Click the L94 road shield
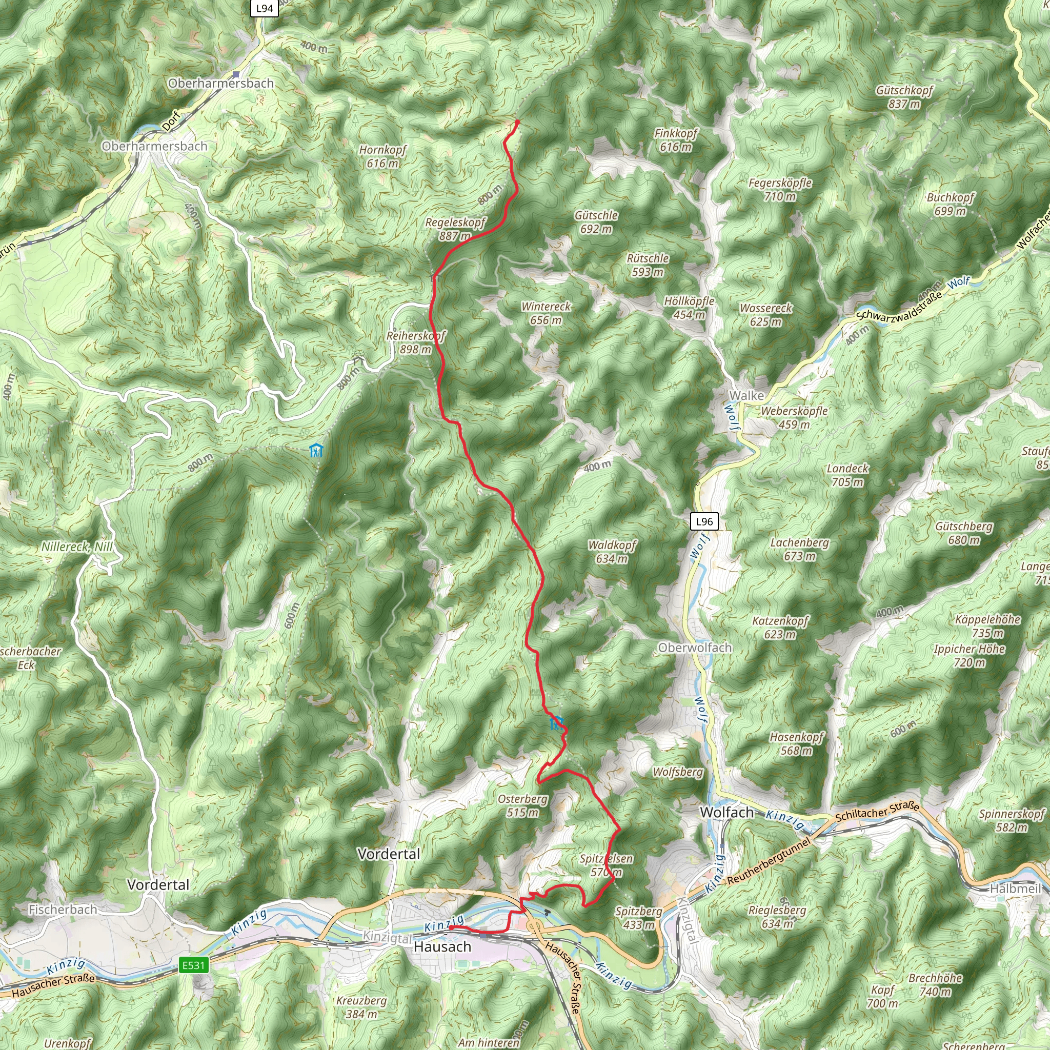click(x=264, y=8)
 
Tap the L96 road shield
click(x=704, y=522)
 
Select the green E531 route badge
click(x=193, y=965)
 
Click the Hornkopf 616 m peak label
click(x=382, y=156)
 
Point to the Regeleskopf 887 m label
click(x=455, y=229)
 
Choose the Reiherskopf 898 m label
click(x=416, y=342)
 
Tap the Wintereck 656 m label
click(x=546, y=313)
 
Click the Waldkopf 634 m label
click(x=612, y=552)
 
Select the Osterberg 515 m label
click(x=523, y=805)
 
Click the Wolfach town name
click(x=726, y=813)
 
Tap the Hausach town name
click(x=442, y=947)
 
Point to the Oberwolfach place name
click(x=695, y=648)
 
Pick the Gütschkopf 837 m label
click(x=904, y=97)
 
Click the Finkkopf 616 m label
click(x=676, y=139)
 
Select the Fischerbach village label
click(x=63, y=909)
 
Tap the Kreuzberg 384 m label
click(x=361, y=1007)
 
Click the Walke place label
click(x=746, y=396)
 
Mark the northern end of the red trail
click(x=517, y=121)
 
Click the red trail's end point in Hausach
click(x=451, y=928)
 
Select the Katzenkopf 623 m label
click(x=780, y=628)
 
